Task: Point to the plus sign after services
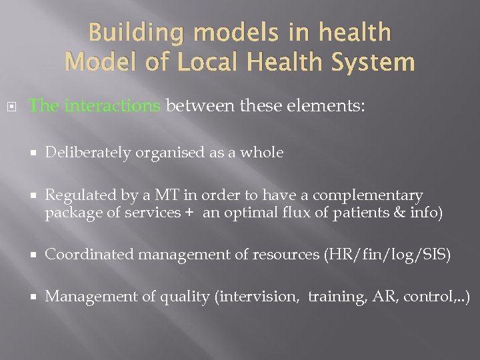click(x=189, y=213)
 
